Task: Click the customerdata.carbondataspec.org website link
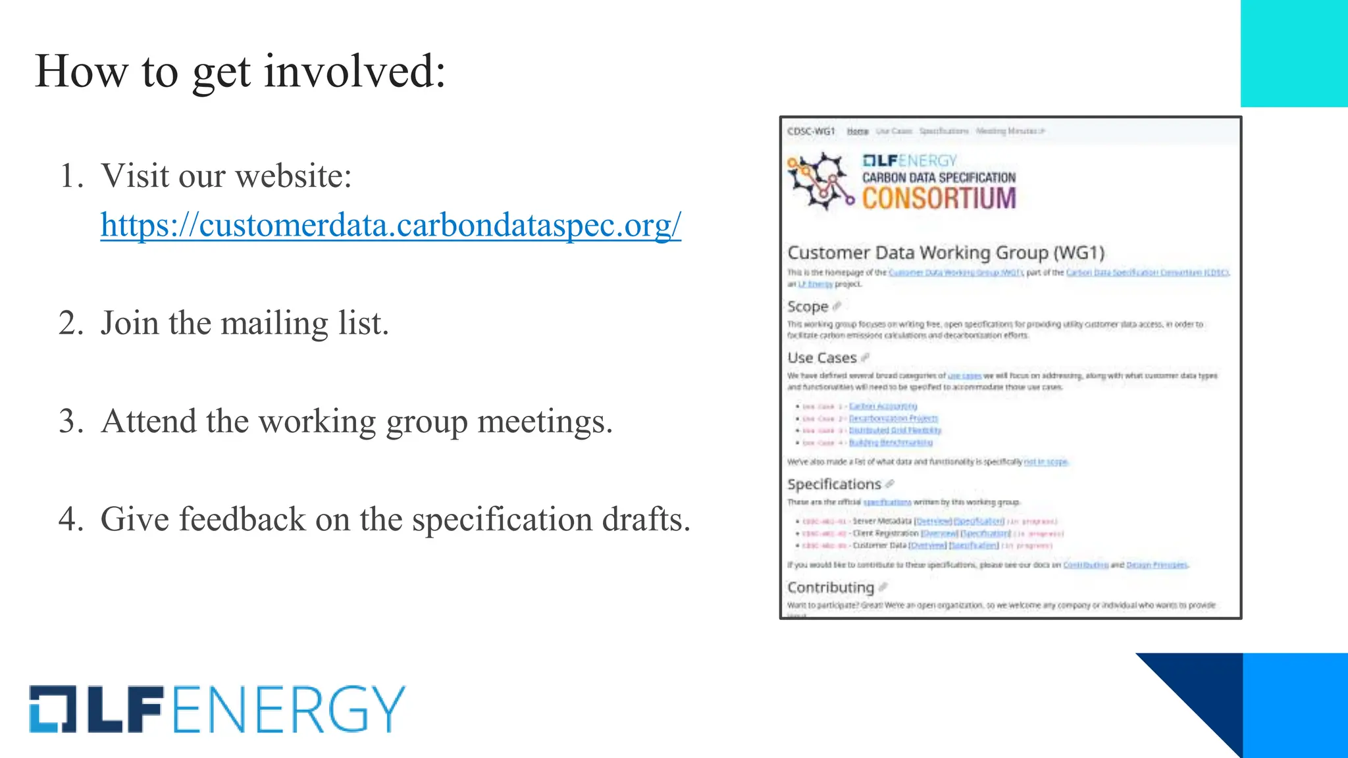[390, 225]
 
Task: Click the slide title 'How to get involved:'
[240, 71]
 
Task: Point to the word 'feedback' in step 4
[242, 519]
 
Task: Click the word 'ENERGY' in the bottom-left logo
[289, 709]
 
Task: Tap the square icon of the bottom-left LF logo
[53, 709]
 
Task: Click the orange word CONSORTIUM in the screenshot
[939, 198]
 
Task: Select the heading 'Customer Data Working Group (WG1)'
[945, 253]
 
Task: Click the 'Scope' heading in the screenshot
[808, 307]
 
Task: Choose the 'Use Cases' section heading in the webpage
[822, 358]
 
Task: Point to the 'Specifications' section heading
[834, 484]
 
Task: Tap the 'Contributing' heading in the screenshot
[831, 588]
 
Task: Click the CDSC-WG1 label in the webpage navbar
[811, 132]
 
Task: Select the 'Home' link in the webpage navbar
[858, 132]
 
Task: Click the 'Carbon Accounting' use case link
[883, 407]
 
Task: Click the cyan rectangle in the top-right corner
[1293, 53]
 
